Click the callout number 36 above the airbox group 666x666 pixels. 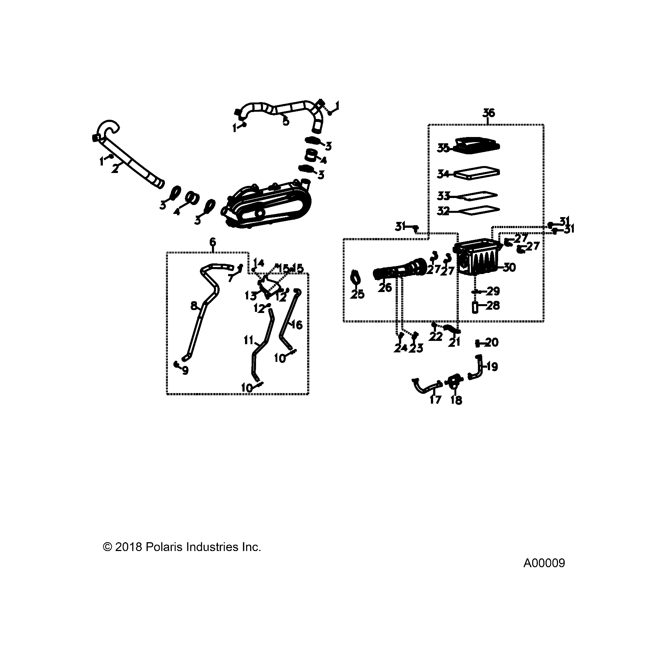coord(489,113)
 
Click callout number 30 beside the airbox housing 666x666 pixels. coord(509,267)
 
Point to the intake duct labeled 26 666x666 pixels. coord(400,273)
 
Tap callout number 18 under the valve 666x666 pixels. coord(456,400)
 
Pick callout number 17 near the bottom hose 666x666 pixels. coord(435,400)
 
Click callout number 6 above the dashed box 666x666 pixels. coord(213,242)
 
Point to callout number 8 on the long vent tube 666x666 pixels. coord(194,306)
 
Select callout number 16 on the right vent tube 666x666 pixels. coord(297,325)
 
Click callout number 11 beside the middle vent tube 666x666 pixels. coord(249,341)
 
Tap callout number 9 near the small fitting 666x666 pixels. coord(185,371)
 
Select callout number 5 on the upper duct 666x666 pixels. coord(286,122)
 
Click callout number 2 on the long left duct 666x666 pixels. coord(115,169)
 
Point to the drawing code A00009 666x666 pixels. coord(544,574)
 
